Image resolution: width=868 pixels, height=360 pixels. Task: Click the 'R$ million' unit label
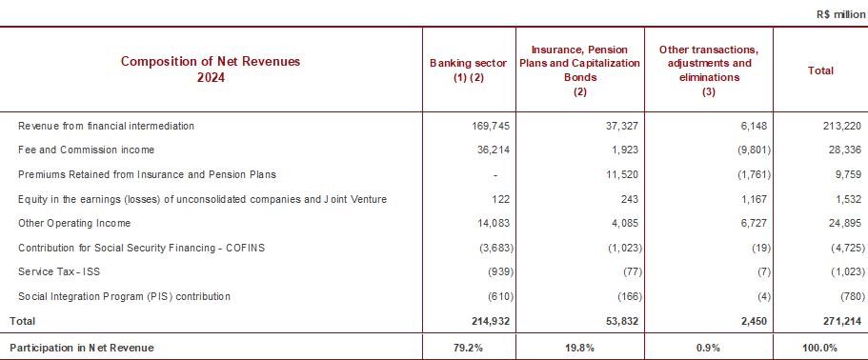tap(840, 15)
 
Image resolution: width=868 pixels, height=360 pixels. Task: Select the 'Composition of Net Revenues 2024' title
tap(211, 70)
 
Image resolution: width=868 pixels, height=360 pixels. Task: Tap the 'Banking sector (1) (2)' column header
tap(469, 70)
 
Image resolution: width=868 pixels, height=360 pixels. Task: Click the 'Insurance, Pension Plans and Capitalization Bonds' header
tap(579, 70)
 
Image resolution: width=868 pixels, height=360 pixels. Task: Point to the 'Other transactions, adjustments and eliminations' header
tap(709, 70)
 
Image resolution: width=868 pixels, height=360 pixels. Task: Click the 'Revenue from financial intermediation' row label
tap(107, 126)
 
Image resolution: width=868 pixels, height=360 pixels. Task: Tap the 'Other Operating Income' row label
tap(74, 224)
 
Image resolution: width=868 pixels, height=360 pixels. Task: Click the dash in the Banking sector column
tap(495, 175)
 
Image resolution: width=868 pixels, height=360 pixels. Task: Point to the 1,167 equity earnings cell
tap(753, 199)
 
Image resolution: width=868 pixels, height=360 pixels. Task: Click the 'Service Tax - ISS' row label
tap(59, 272)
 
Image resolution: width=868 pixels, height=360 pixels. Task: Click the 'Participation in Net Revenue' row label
tap(82, 348)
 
